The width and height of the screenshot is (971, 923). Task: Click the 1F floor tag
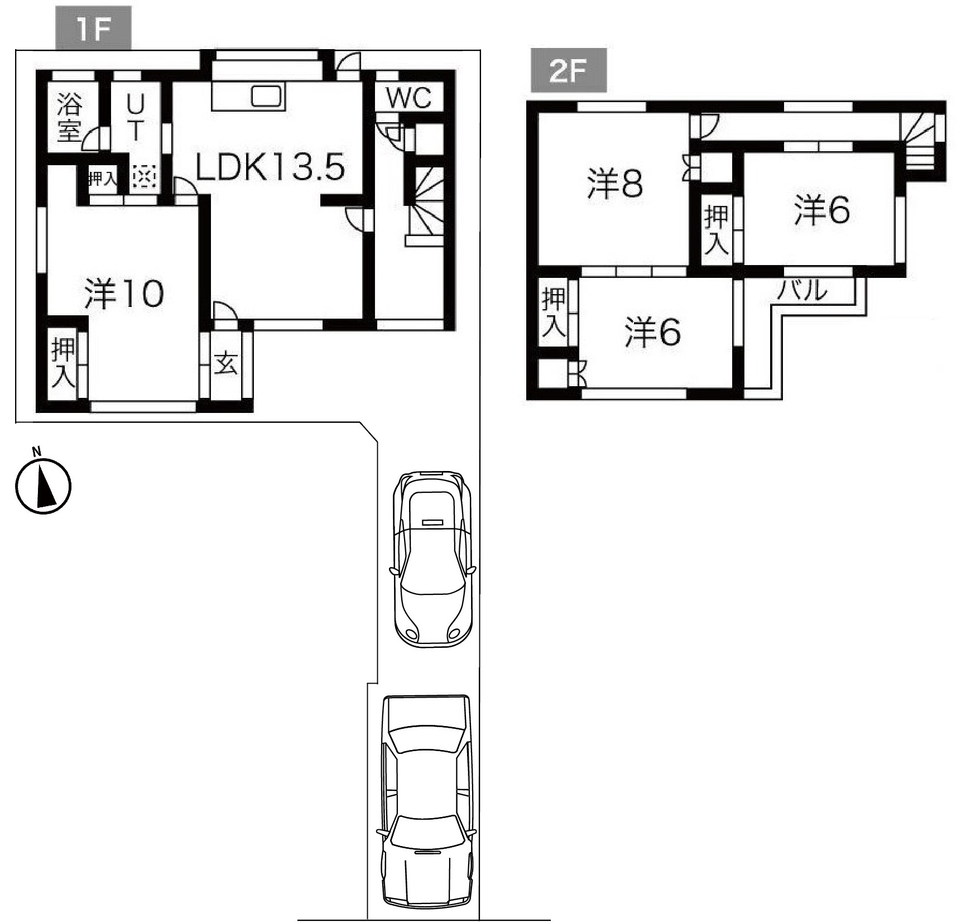[93, 28]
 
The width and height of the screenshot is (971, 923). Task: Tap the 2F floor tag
[568, 71]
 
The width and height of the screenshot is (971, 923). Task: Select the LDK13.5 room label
[270, 167]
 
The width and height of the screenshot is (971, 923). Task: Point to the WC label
[410, 98]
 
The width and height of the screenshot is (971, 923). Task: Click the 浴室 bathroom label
[70, 118]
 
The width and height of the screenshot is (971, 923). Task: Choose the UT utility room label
[135, 118]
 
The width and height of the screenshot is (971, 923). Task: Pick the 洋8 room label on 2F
[616, 184]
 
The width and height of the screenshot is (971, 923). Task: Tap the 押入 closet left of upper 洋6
[716, 229]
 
